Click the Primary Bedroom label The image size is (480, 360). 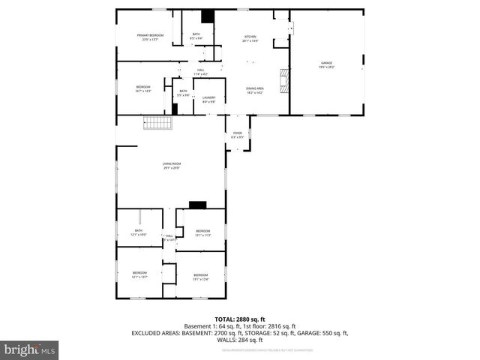150,37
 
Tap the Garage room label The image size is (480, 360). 327,64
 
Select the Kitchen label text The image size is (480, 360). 250,38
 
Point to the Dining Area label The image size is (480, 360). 255,90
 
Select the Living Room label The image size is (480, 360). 172,165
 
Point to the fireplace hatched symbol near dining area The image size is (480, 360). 284,78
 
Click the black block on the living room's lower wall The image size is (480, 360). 197,204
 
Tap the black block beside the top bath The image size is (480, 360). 208,16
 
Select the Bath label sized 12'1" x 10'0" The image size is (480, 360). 139,232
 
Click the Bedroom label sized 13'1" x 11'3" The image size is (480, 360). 202,232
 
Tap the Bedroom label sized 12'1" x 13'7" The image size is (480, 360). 139,274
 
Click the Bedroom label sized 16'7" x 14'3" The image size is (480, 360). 144,88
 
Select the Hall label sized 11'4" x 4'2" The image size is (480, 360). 200,73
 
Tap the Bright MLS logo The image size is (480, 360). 30,349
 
